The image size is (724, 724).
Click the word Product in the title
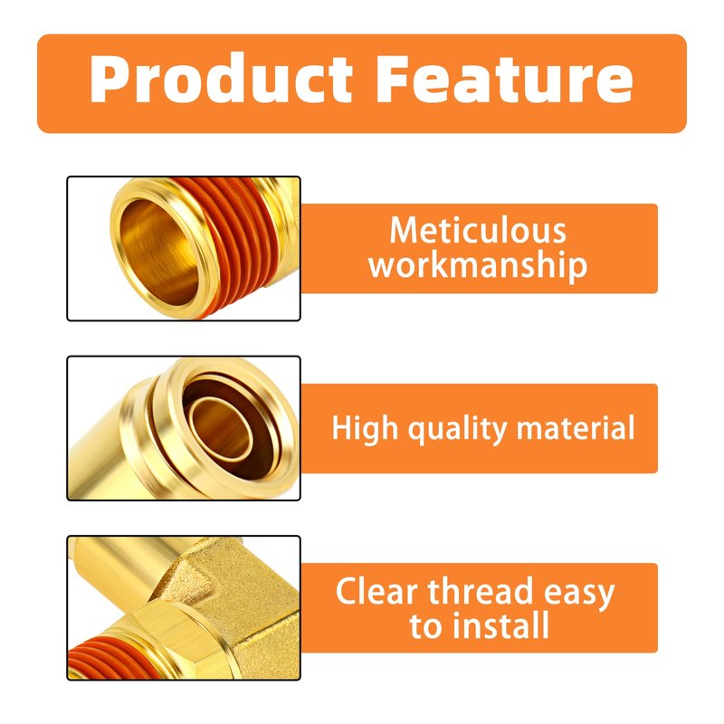pyautogui.click(x=221, y=79)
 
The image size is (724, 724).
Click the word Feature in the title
pyautogui.click(x=505, y=79)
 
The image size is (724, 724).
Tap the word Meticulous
pyautogui.click(x=478, y=230)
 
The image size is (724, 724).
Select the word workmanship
pyautogui.click(x=478, y=265)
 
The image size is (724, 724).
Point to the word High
pyautogui.click(x=365, y=428)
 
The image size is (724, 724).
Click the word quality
pyautogui.click(x=457, y=429)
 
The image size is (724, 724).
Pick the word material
pyautogui.click(x=576, y=427)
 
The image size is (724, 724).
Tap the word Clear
pyautogui.click(x=376, y=591)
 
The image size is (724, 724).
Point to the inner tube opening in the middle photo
pyautogui.click(x=221, y=430)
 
